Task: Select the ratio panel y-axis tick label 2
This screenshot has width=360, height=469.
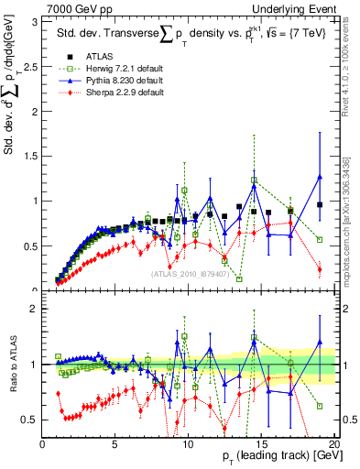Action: click(35, 309)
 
